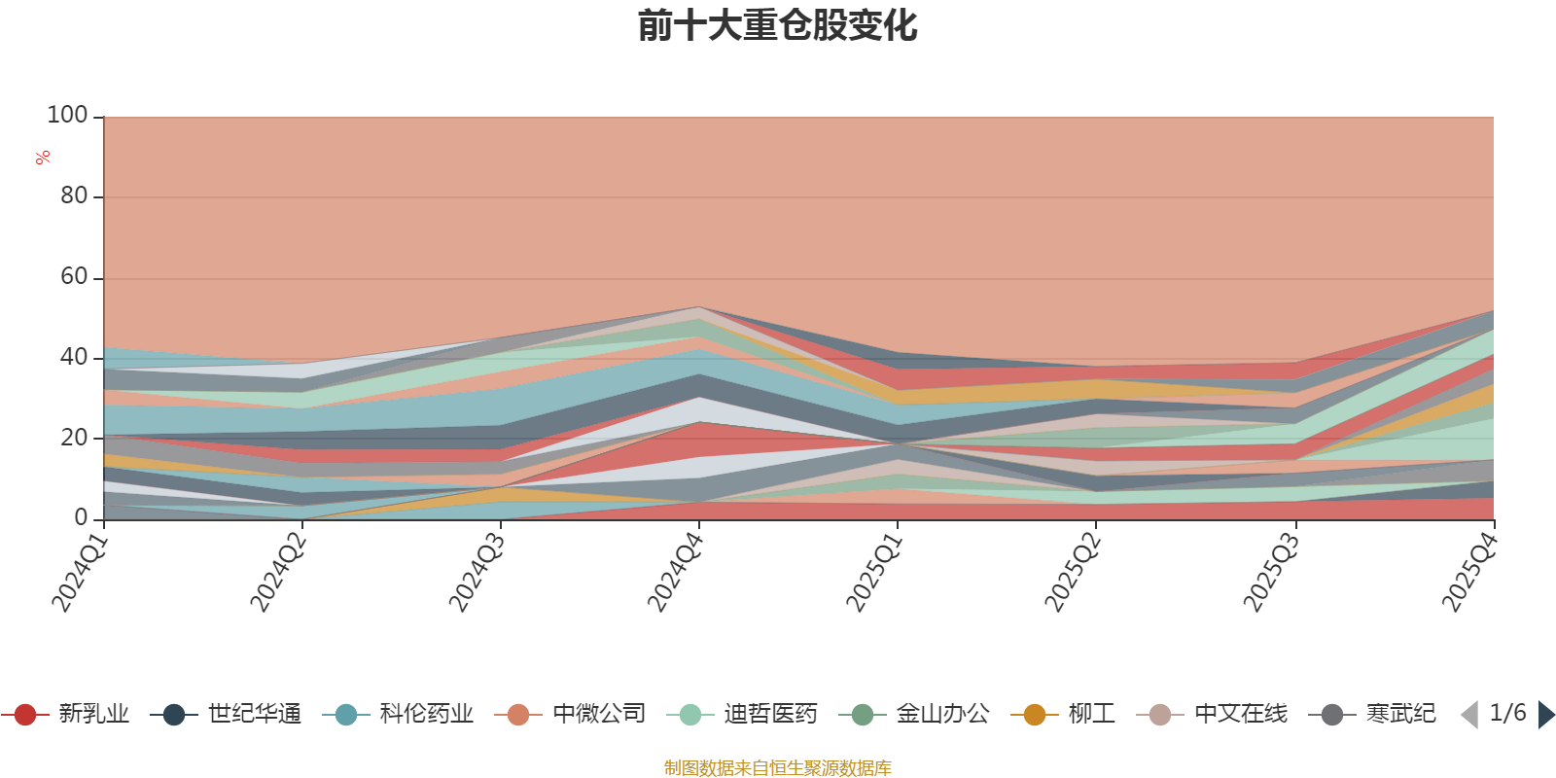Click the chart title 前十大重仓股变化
777,26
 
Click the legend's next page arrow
1545,715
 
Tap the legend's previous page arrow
1469,715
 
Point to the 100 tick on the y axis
67,116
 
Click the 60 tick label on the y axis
73,277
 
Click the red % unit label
43,158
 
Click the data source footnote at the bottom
777,768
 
